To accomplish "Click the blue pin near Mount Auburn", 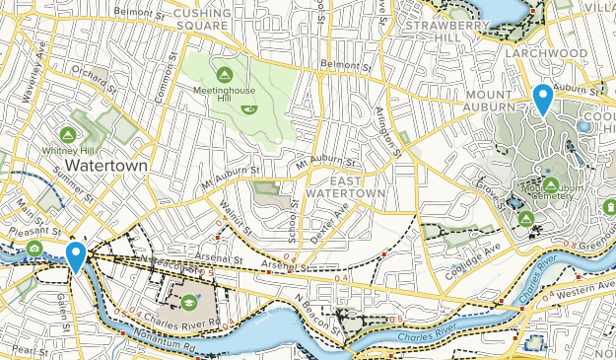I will pos(542,99).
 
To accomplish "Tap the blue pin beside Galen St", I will pos(75,255).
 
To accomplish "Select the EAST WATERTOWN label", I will pos(344,187).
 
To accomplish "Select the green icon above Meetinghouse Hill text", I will pos(224,74).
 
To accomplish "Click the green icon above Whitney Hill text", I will pos(68,133).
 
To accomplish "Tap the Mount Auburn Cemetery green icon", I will pos(550,184).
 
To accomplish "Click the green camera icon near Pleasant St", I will pos(34,248).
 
